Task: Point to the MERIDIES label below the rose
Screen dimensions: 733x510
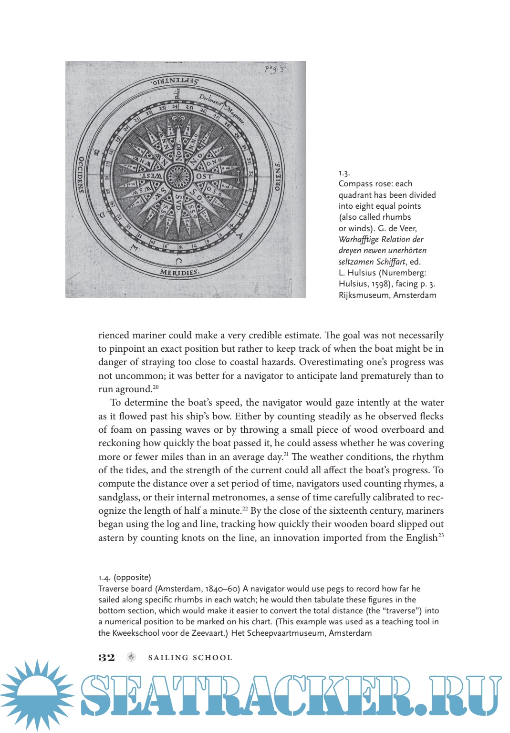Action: (178, 273)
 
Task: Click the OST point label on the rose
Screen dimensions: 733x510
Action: (204, 176)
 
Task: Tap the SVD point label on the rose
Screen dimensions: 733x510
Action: (178, 202)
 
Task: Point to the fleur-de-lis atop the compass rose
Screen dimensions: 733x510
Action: (178, 119)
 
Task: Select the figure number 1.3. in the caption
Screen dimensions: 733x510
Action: (344, 173)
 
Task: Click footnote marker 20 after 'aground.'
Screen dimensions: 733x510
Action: (156, 387)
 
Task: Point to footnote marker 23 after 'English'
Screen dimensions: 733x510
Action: (441, 536)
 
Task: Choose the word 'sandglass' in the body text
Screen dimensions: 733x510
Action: (119, 497)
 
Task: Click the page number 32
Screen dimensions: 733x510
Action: (106, 658)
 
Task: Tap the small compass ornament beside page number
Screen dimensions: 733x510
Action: (131, 658)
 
